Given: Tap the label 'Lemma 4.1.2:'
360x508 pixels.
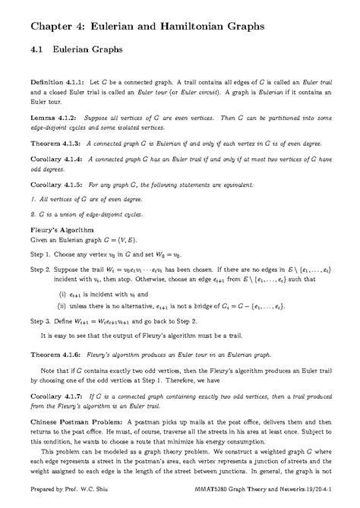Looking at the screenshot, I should click(51, 119).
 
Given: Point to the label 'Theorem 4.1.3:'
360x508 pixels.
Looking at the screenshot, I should click(55, 142).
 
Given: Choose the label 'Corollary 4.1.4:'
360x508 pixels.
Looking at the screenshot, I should click(56, 160).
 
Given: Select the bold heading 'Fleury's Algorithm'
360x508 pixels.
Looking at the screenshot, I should click(62, 227).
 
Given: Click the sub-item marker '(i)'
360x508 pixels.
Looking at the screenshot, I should click(62, 294).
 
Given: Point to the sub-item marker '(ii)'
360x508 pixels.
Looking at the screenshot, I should click(63, 308).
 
